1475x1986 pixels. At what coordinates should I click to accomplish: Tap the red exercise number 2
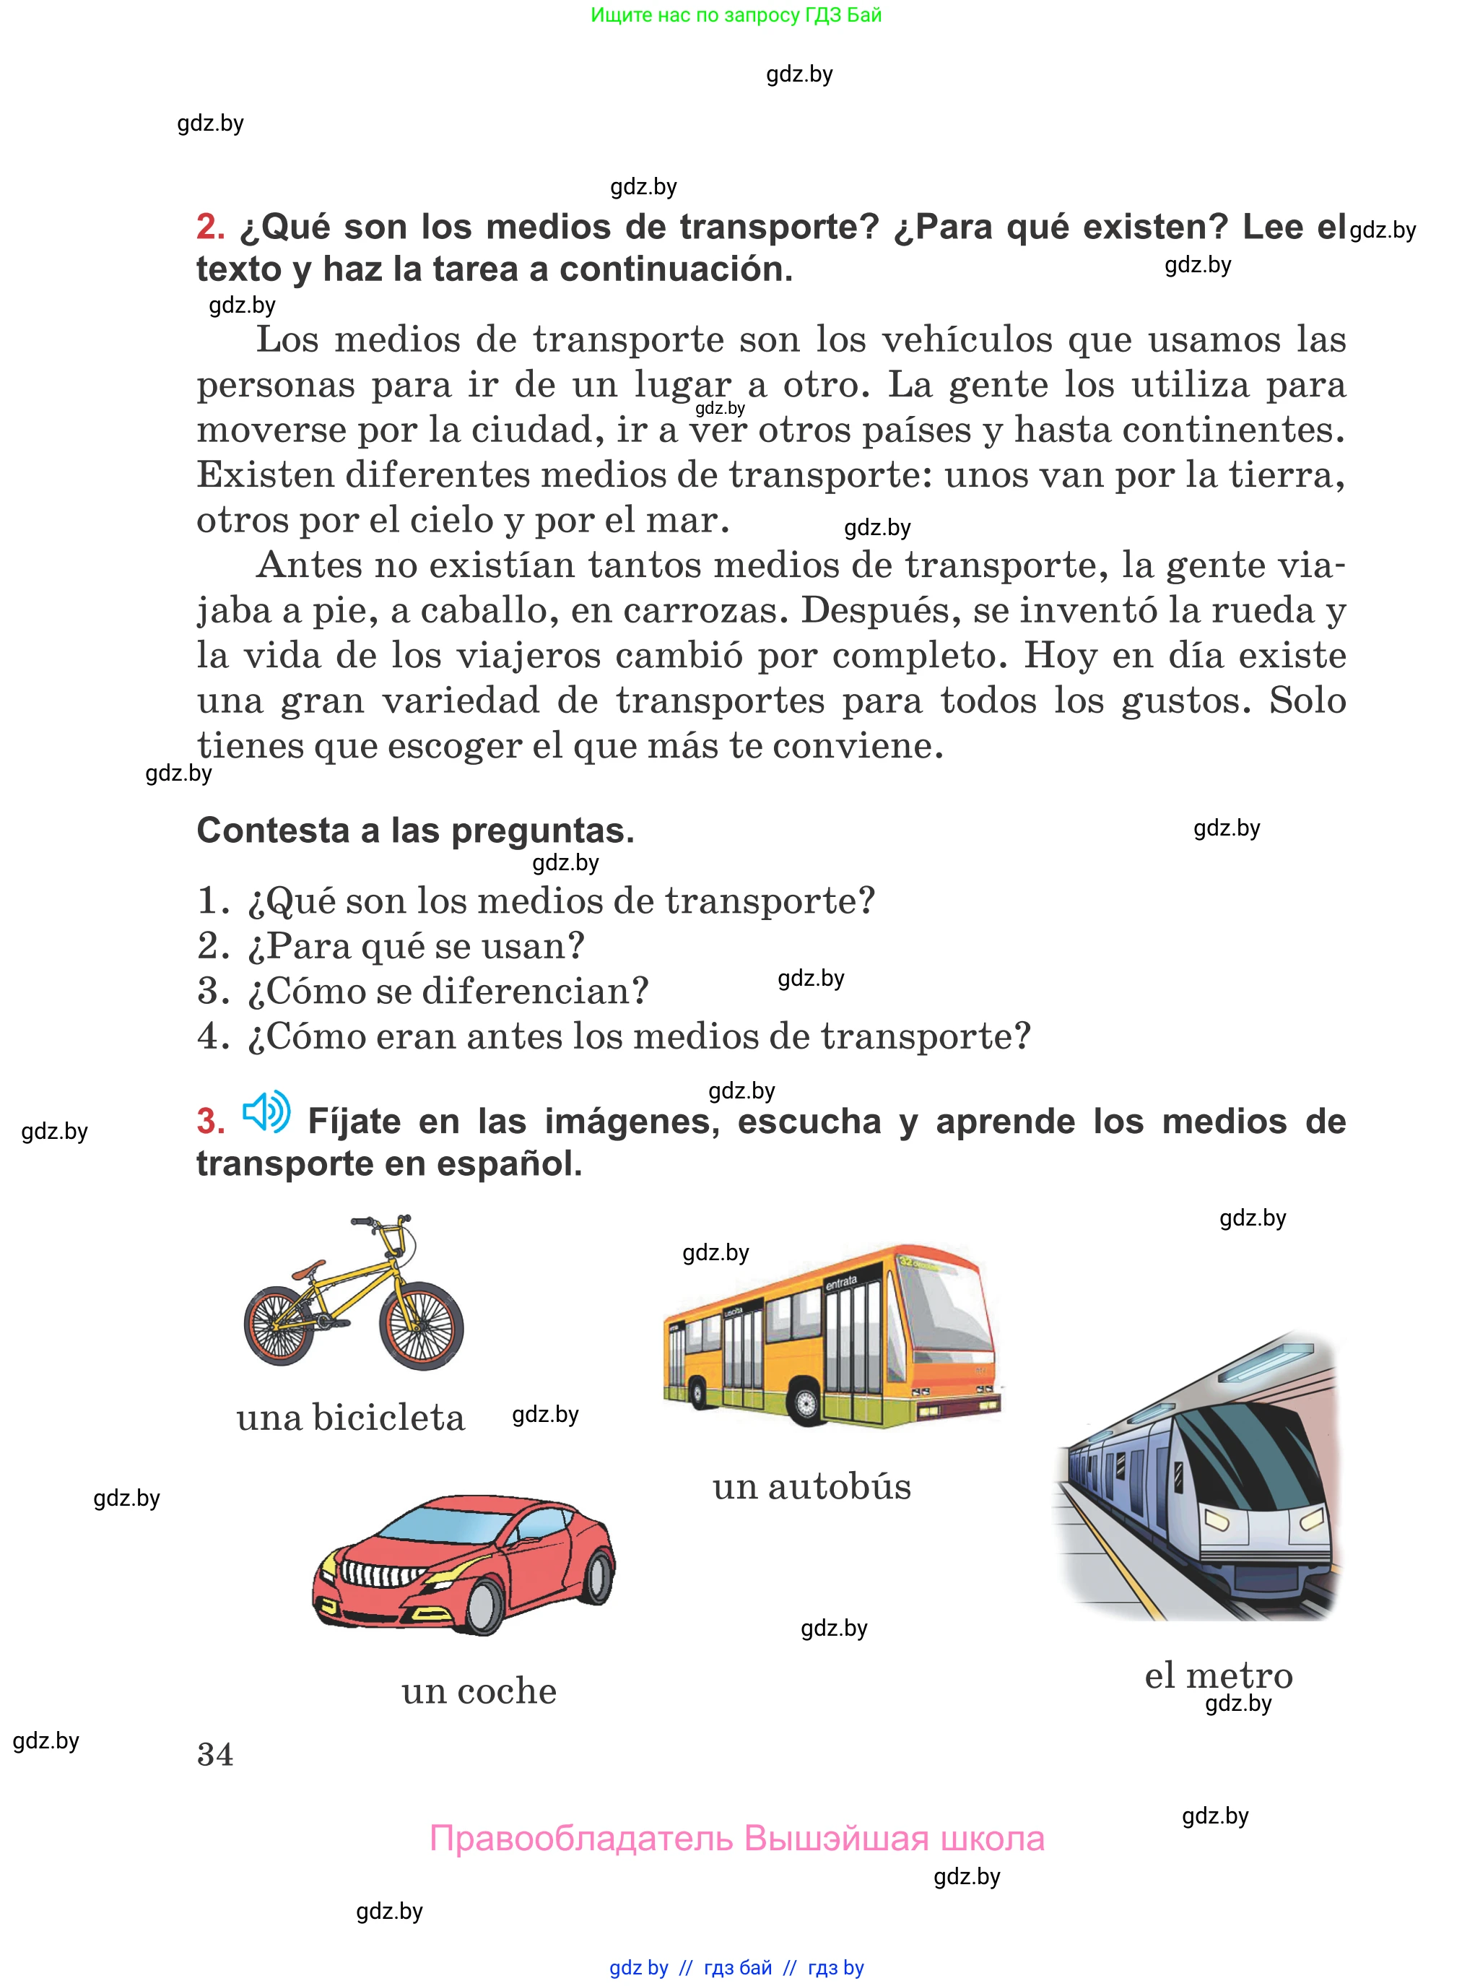[x=210, y=227]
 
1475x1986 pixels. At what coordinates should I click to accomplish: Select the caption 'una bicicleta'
[x=350, y=1418]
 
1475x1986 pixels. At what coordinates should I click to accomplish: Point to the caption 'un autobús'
[x=812, y=1487]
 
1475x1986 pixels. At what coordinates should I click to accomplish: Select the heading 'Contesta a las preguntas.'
[x=415, y=831]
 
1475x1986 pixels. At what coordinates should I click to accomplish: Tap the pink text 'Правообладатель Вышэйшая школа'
[x=736, y=1839]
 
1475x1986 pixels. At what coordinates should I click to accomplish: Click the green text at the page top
[x=736, y=15]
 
